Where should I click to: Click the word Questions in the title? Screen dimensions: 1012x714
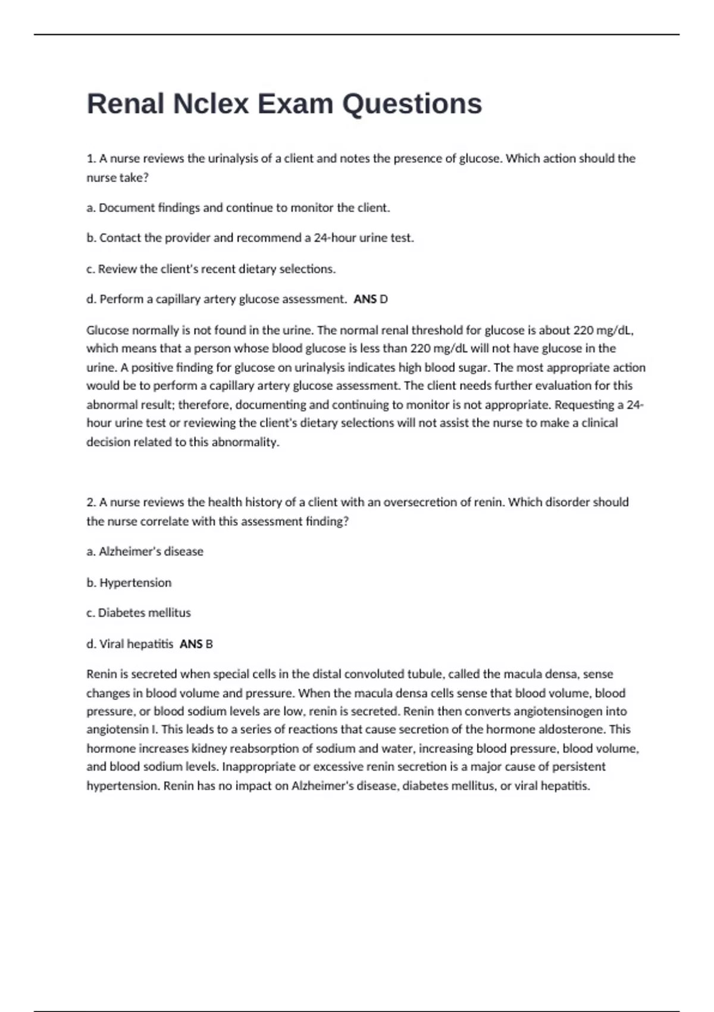pos(412,104)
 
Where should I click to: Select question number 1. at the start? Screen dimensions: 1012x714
pos(91,159)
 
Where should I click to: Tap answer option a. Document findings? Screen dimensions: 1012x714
pos(238,208)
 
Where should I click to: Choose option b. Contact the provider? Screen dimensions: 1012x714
pos(250,238)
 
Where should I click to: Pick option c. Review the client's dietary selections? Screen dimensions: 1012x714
pos(211,269)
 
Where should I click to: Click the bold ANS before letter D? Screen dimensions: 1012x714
pos(365,299)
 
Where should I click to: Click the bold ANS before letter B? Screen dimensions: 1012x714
pos(191,644)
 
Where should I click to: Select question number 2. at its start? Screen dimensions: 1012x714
pos(91,502)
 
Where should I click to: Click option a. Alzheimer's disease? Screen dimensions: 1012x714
pos(145,552)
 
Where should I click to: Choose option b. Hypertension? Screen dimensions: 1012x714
pos(129,583)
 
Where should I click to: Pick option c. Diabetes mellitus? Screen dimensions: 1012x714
pos(139,613)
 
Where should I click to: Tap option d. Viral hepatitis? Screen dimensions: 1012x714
pos(130,644)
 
